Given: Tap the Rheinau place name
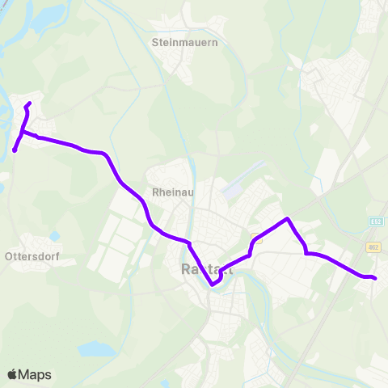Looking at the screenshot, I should coord(170,193).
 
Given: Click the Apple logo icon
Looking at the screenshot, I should coord(13,374).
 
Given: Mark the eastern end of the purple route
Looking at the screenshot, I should coord(375,278).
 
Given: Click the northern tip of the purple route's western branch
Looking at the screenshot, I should coord(29,103).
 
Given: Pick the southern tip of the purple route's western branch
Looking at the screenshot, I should coord(15,150).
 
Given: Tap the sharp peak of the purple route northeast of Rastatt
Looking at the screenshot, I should coord(287,218).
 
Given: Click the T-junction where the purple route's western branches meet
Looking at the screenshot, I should coord(23,132).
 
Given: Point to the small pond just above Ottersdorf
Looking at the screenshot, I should coord(54,236).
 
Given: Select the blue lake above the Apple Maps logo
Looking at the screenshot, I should coord(95,349).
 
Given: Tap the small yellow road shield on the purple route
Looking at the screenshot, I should coord(257,238).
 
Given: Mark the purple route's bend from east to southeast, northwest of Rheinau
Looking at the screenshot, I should coord(105,154).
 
